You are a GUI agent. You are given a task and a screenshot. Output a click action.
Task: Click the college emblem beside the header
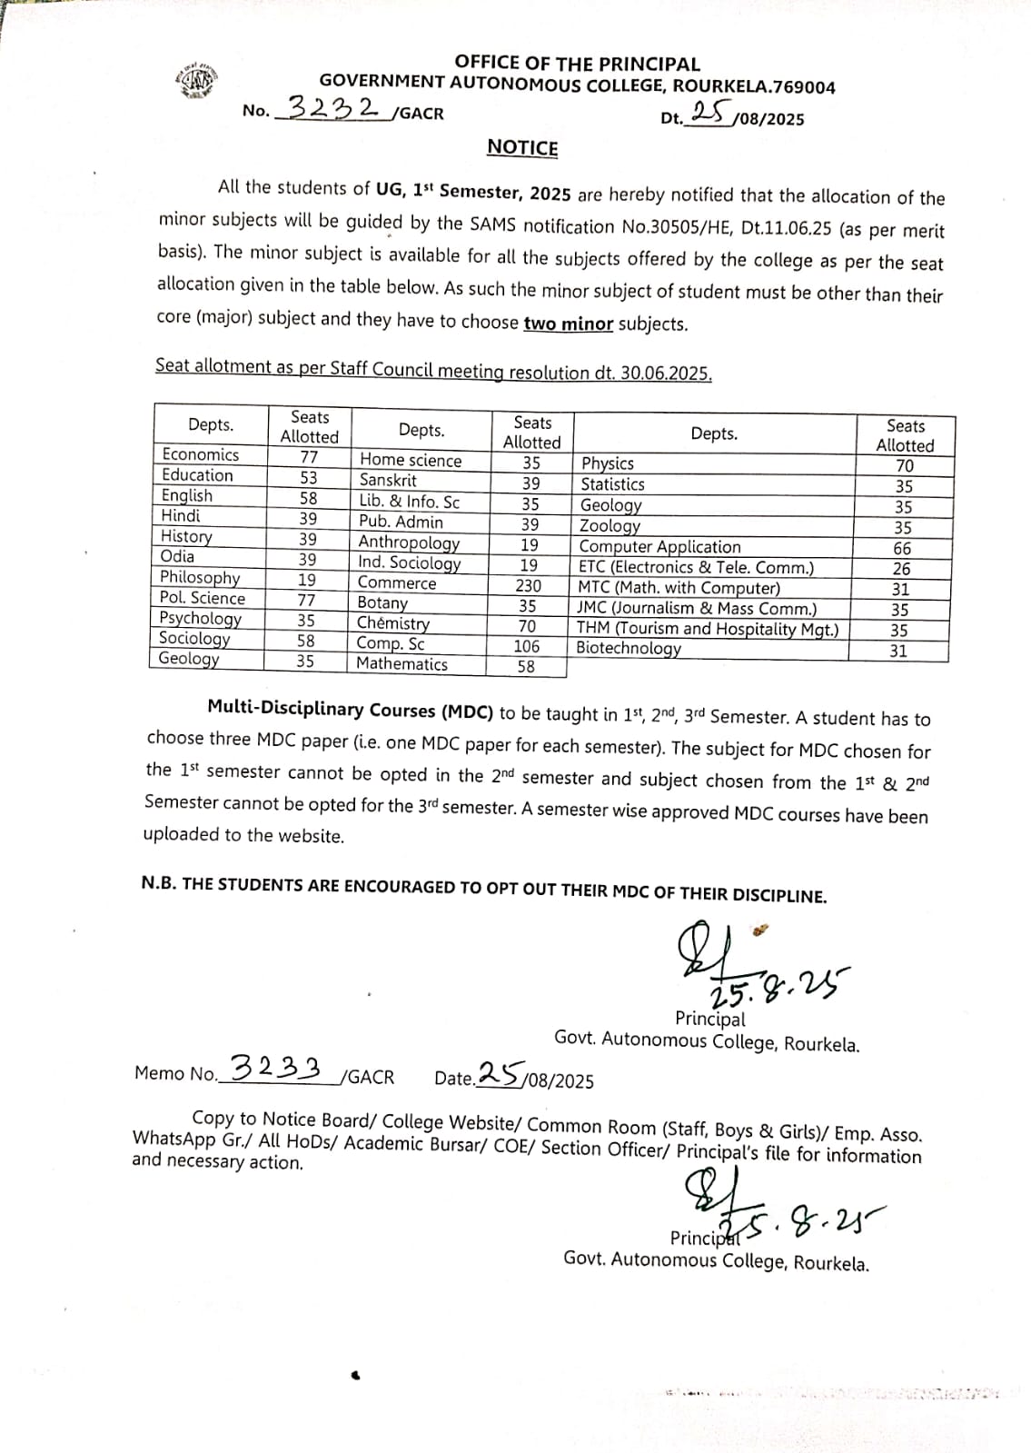pyautogui.click(x=197, y=82)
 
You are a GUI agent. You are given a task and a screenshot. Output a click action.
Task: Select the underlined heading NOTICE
pyautogui.click(x=522, y=147)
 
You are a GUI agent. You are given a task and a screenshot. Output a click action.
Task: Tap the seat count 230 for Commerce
pyautogui.click(x=528, y=586)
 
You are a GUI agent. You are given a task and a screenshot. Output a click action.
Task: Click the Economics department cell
pyautogui.click(x=201, y=454)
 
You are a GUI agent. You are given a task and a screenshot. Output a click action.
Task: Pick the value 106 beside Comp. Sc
pyautogui.click(x=527, y=646)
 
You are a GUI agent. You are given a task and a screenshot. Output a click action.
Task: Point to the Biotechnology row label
pyautogui.click(x=629, y=649)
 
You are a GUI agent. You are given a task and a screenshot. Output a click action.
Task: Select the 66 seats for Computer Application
pyautogui.click(x=902, y=548)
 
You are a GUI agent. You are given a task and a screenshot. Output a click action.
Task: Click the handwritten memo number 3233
pyautogui.click(x=277, y=1067)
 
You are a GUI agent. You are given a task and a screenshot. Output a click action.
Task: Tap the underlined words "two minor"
pyautogui.click(x=569, y=323)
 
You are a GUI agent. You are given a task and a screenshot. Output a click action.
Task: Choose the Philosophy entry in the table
pyautogui.click(x=200, y=578)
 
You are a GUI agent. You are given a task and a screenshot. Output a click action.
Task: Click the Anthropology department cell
pyautogui.click(x=409, y=542)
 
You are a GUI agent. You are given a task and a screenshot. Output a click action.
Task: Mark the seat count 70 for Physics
pyautogui.click(x=905, y=466)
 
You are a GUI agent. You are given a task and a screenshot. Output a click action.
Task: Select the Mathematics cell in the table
pyautogui.click(x=401, y=664)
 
